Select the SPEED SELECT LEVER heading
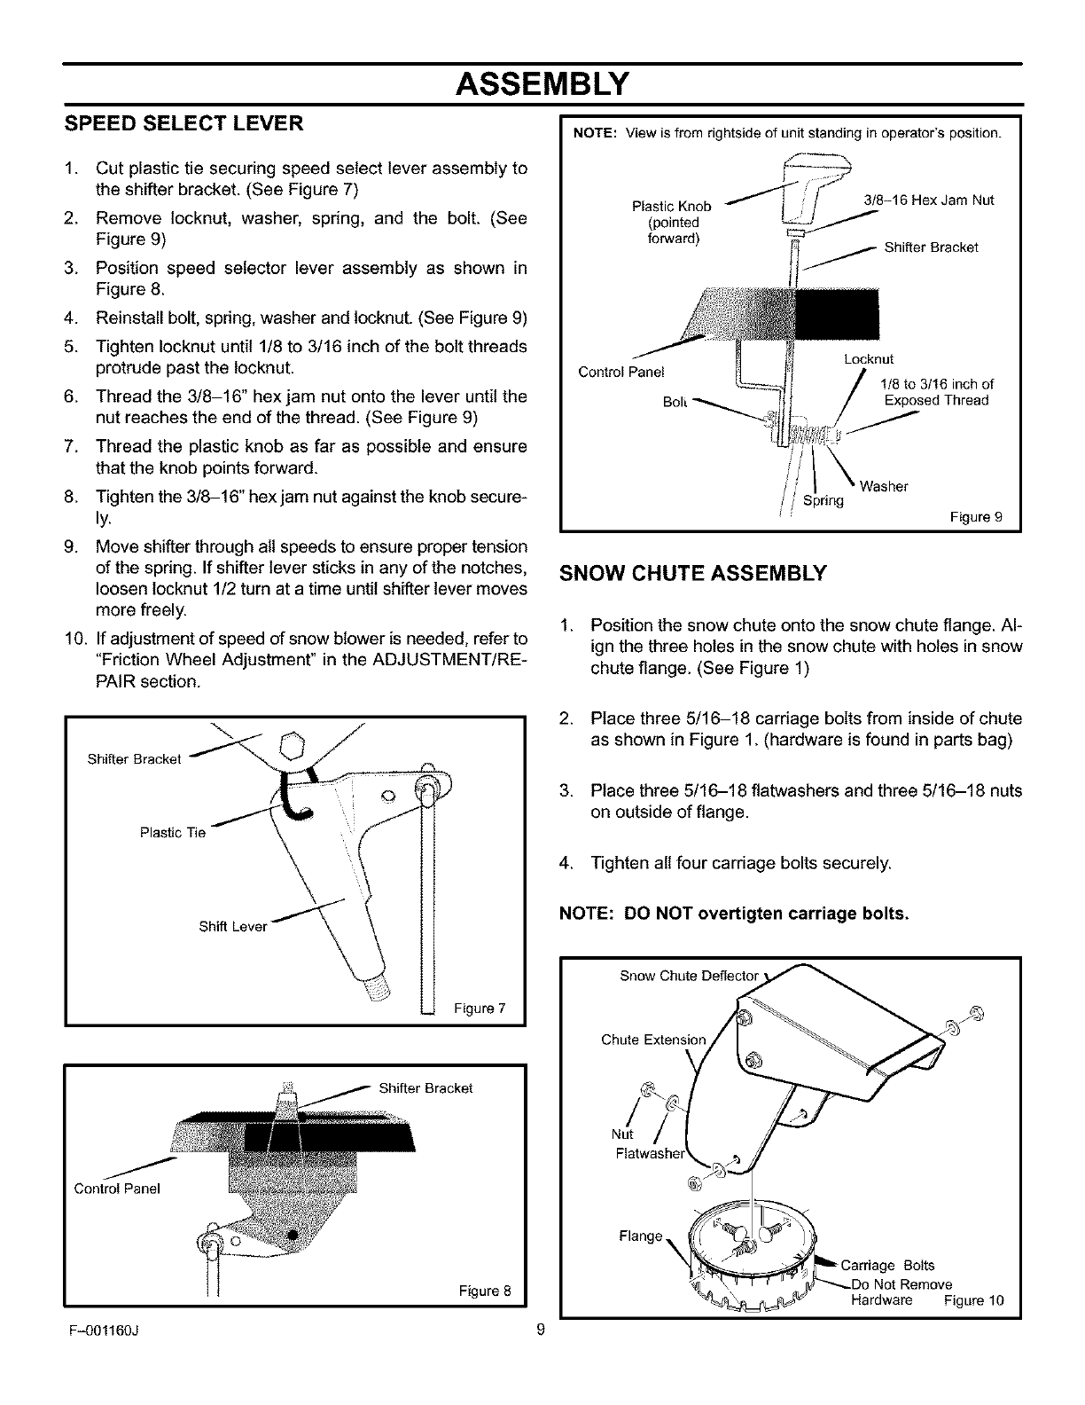[x=183, y=123]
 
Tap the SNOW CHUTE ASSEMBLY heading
[x=692, y=572]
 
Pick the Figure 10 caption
[x=973, y=1301]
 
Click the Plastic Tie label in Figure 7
[x=173, y=832]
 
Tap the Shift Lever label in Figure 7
[x=233, y=927]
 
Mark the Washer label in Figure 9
[x=884, y=486]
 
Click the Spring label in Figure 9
[x=824, y=500]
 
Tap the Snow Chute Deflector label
[x=689, y=977]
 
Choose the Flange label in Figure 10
[x=640, y=1236]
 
